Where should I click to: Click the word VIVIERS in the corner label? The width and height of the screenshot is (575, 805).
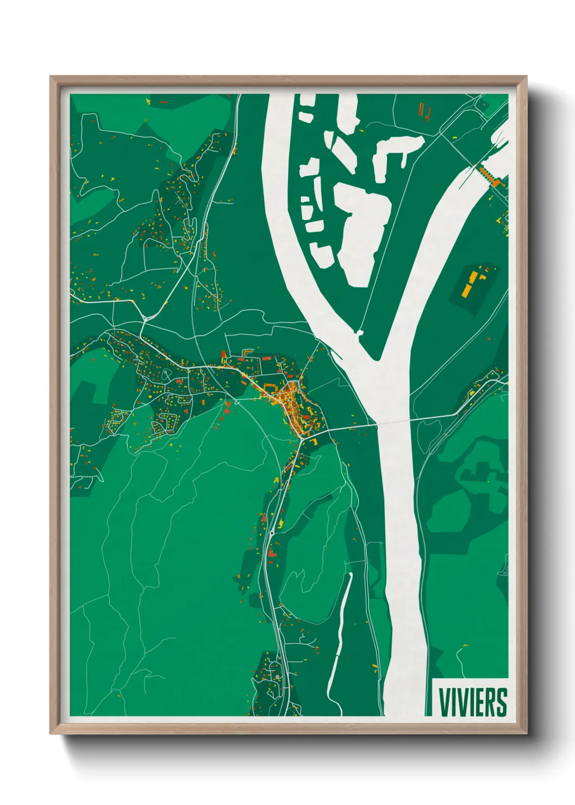(472, 702)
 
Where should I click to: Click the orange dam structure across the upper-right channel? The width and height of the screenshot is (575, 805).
(490, 175)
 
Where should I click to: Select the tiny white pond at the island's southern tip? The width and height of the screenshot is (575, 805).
(359, 331)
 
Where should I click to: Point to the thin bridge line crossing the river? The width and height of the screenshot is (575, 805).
(393, 422)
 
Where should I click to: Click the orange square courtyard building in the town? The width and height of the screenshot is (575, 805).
(270, 389)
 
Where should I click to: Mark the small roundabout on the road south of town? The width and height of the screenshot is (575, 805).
(271, 534)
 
